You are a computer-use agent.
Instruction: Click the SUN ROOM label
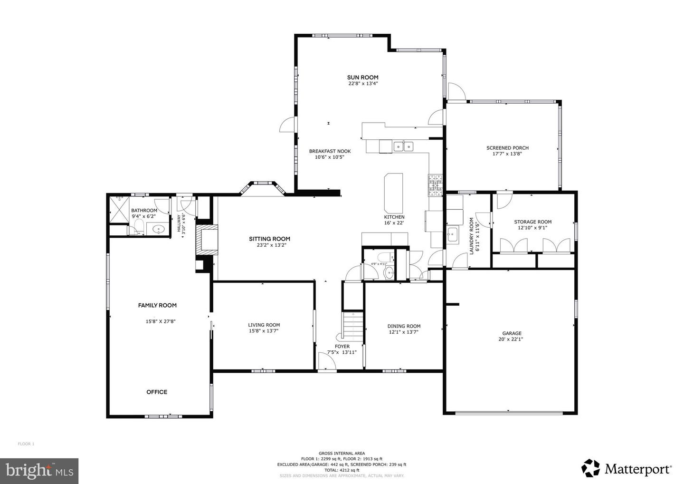[x=362, y=77]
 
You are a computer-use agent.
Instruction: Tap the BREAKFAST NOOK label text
[x=330, y=151]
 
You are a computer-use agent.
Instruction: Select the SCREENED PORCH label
[x=507, y=148]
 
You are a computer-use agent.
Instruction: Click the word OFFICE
[x=157, y=392]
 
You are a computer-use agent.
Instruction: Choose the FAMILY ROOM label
[x=157, y=305]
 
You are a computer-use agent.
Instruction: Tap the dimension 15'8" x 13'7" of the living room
[x=264, y=331]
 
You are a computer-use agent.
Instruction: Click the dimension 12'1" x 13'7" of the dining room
[x=404, y=332]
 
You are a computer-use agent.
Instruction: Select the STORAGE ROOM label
[x=532, y=222]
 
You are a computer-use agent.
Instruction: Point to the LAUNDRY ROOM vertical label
[x=472, y=236]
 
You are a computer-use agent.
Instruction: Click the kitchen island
[x=393, y=193]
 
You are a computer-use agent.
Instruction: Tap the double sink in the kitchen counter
[x=404, y=146]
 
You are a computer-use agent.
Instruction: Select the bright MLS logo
[x=39, y=471]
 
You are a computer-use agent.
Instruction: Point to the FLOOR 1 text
[x=26, y=444]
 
